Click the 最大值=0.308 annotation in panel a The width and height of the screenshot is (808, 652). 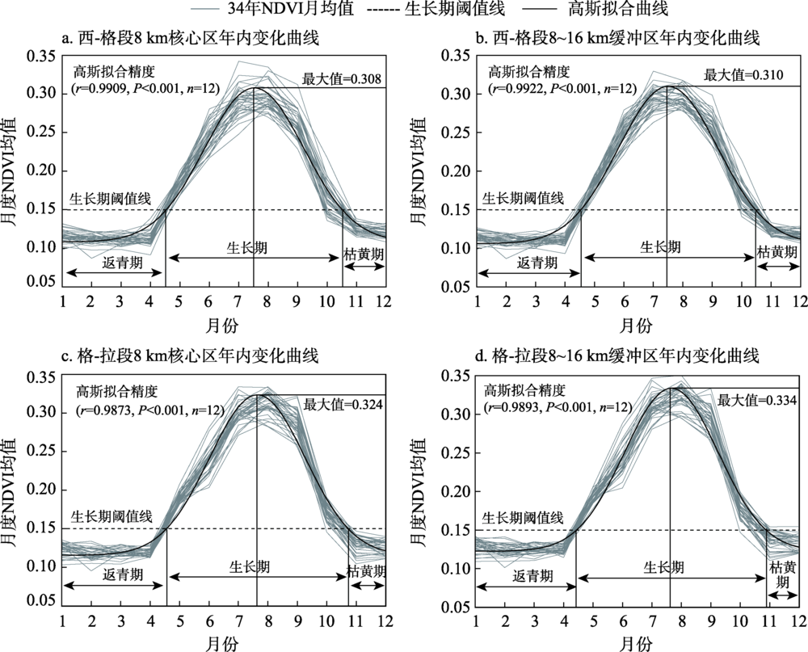[340, 78]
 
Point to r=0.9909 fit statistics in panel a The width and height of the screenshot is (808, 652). [144, 87]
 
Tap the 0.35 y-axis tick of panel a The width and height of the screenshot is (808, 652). [41, 56]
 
